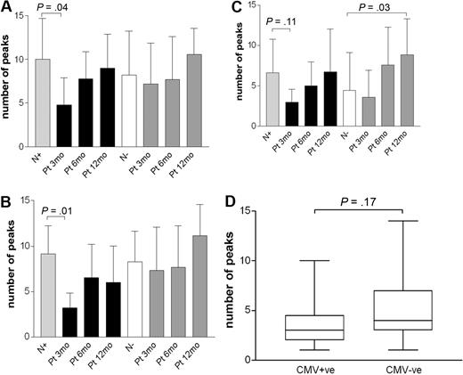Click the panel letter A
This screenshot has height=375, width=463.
click(7, 8)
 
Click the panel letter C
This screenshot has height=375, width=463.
click(239, 8)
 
